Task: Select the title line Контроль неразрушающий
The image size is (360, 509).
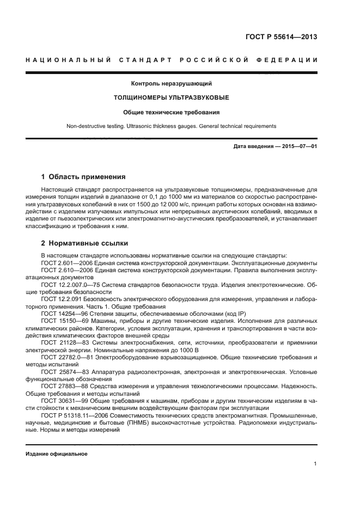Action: pyautogui.click(x=171, y=84)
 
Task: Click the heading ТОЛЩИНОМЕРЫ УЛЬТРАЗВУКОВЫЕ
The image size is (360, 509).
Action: pyautogui.click(x=171, y=98)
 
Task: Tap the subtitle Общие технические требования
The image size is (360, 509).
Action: pyautogui.click(x=171, y=112)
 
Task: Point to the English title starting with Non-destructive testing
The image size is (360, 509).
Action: pyautogui.click(x=171, y=126)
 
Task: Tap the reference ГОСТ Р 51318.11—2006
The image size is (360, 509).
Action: pyautogui.click(x=74, y=415)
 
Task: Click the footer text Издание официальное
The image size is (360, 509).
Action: pyautogui.click(x=56, y=453)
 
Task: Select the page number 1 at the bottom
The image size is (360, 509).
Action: pyautogui.click(x=315, y=464)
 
